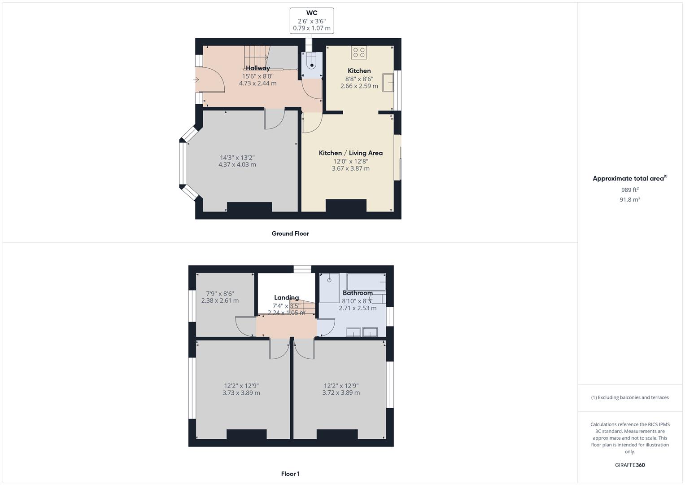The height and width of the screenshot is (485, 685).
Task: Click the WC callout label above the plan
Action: tap(312, 13)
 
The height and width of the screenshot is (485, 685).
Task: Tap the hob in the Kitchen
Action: tap(359, 53)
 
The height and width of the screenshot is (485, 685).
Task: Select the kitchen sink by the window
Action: tap(388, 82)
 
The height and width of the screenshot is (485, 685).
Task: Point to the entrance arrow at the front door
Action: tap(196, 80)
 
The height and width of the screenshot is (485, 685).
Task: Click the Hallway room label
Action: tap(258, 68)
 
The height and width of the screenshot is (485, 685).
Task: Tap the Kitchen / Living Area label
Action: tap(351, 153)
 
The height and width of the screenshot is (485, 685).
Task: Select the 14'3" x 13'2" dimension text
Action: tap(237, 158)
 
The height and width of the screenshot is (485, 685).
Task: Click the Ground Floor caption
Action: tap(290, 234)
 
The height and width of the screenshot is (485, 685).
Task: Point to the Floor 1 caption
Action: tap(290, 474)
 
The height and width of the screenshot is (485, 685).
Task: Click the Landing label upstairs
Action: tap(286, 298)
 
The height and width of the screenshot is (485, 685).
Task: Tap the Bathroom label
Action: tap(358, 293)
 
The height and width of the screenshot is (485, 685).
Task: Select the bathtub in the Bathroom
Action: tap(366, 282)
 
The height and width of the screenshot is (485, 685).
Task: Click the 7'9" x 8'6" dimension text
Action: tap(220, 294)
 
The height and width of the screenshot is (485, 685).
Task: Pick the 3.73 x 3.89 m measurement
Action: tap(241, 393)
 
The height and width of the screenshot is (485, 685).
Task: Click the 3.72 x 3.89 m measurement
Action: tap(341, 392)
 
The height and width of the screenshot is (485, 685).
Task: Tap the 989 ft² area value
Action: tap(630, 190)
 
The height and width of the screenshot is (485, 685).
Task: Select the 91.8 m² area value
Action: tap(630, 199)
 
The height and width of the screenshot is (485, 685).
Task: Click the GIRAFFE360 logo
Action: tap(630, 465)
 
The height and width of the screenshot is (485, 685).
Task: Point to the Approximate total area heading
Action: tap(630, 178)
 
